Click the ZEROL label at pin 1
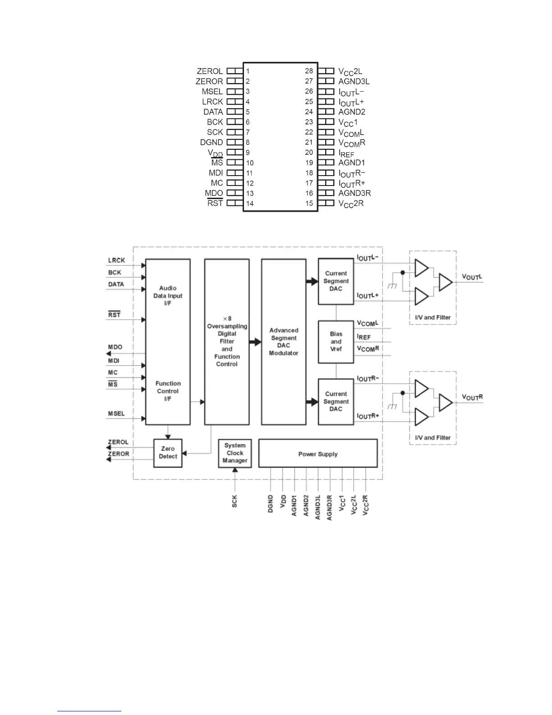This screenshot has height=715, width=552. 210,71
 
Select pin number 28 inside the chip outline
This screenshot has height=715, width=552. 309,71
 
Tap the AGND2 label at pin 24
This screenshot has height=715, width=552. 352,112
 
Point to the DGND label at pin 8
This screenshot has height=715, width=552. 212,142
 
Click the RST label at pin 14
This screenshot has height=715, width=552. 215,203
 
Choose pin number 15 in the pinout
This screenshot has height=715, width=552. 309,203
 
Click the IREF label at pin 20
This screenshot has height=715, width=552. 346,153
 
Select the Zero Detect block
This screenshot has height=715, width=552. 168,453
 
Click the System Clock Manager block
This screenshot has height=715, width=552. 235,453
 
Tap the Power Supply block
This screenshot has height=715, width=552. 318,454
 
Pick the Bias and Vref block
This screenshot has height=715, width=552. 336,342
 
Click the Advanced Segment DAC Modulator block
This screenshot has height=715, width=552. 284,342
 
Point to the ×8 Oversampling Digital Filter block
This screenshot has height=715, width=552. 227,342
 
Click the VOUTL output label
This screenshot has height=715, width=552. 472,277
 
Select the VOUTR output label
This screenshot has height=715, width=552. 472,397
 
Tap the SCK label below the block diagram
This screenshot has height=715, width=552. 235,501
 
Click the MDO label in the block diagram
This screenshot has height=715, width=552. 115,347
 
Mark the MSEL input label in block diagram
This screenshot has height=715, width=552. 116,413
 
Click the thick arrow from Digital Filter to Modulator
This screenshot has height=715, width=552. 255,342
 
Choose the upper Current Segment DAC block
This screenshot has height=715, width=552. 336,281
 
